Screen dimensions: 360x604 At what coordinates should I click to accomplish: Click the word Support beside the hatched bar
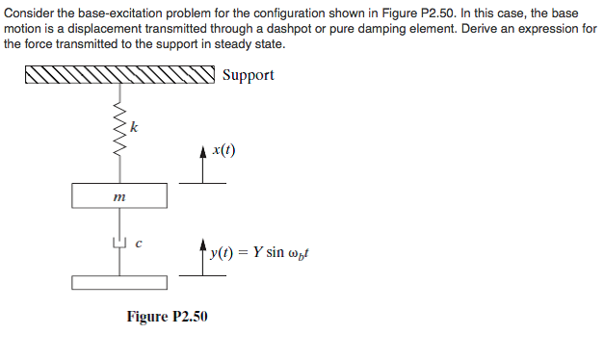(248, 75)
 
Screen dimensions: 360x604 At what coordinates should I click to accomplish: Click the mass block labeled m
(120, 196)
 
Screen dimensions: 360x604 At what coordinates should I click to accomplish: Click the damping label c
(139, 244)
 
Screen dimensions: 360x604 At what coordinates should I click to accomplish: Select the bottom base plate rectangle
(120, 283)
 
